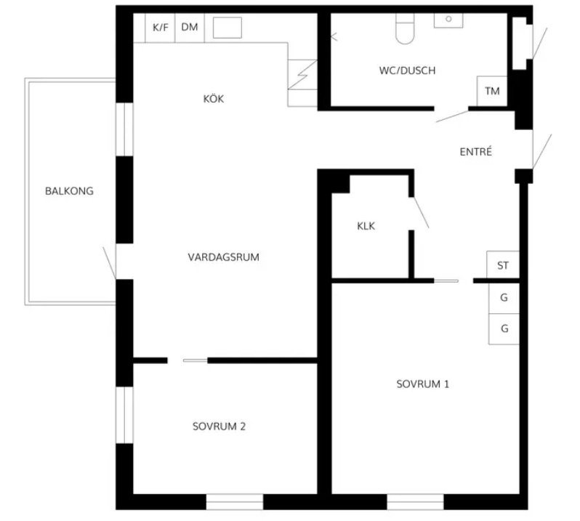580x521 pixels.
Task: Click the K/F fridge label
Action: (161, 28)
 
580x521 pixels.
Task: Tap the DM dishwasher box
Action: (190, 28)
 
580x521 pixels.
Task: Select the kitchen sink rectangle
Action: (227, 28)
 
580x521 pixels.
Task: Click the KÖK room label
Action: (214, 99)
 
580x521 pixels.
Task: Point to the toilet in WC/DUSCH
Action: (405, 29)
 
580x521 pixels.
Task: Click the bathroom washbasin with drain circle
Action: (448, 20)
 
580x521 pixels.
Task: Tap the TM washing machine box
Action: (492, 92)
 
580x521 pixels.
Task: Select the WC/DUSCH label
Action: (407, 70)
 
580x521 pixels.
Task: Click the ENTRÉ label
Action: (475, 152)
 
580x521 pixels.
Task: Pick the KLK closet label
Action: (366, 226)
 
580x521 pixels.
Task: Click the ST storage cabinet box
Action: (503, 264)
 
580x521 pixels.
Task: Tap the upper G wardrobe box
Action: (504, 299)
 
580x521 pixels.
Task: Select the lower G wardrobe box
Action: (504, 329)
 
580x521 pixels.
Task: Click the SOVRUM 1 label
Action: (423, 384)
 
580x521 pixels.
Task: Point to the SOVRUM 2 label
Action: (219, 427)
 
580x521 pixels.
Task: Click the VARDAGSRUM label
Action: (223, 257)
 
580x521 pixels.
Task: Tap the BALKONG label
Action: (69, 191)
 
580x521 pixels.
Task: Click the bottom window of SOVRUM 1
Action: (416, 501)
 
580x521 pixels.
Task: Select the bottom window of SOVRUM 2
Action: (235, 501)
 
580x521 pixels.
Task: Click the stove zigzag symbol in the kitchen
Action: (302, 75)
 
